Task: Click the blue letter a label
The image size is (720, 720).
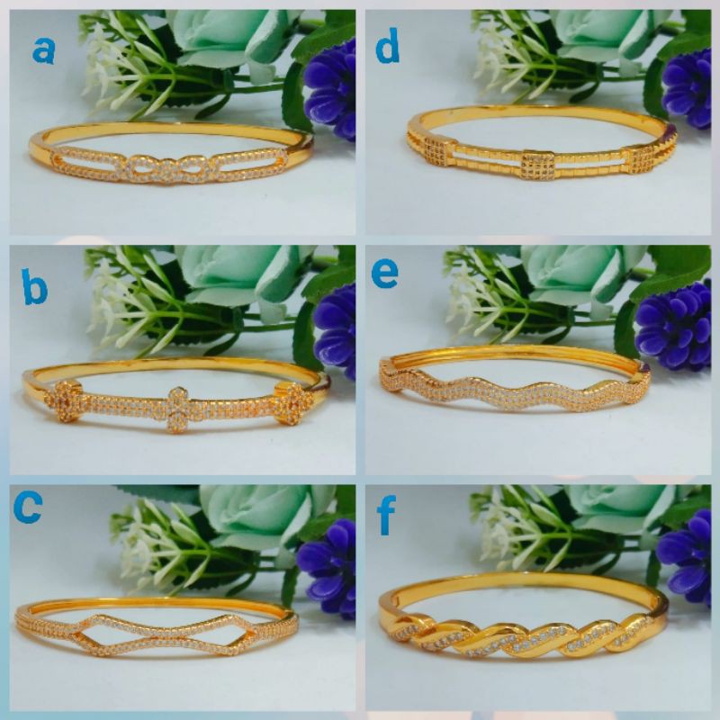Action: pos(43,50)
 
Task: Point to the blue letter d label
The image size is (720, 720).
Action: pos(387,48)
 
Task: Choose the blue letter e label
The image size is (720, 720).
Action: pos(385,274)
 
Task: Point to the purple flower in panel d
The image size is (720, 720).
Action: pos(688,88)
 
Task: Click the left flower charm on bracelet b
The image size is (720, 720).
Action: pos(68,401)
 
